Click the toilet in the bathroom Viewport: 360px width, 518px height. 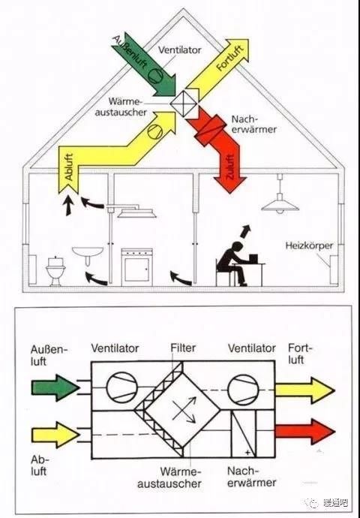tap(55, 271)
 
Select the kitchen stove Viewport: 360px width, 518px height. tap(137, 267)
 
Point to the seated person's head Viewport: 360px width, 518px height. tap(238, 248)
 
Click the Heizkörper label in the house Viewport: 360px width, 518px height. tap(309, 245)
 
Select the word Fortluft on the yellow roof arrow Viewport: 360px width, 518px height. tap(230, 58)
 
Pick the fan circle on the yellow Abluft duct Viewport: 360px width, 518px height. tap(155, 131)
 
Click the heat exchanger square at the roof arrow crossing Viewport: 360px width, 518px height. tap(184, 104)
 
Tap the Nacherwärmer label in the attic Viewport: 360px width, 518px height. tap(253, 124)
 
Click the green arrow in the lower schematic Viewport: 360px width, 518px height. tap(55, 387)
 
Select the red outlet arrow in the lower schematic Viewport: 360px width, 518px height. tap(305, 432)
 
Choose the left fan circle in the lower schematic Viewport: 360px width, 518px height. tap(121, 387)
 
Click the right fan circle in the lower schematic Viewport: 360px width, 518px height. tap(243, 390)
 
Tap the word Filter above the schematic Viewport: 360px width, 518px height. tap(183, 348)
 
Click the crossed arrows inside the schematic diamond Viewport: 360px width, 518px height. tap(184, 409)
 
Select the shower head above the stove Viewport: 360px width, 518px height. tap(137, 212)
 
